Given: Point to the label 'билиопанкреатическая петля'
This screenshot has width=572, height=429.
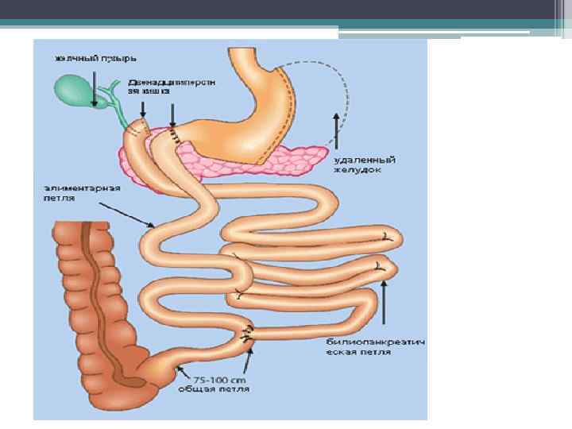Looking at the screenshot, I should (x=374, y=346).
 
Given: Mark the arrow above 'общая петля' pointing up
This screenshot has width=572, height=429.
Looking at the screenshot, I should (x=248, y=362).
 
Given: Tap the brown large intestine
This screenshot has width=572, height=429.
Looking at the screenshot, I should (x=87, y=302).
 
